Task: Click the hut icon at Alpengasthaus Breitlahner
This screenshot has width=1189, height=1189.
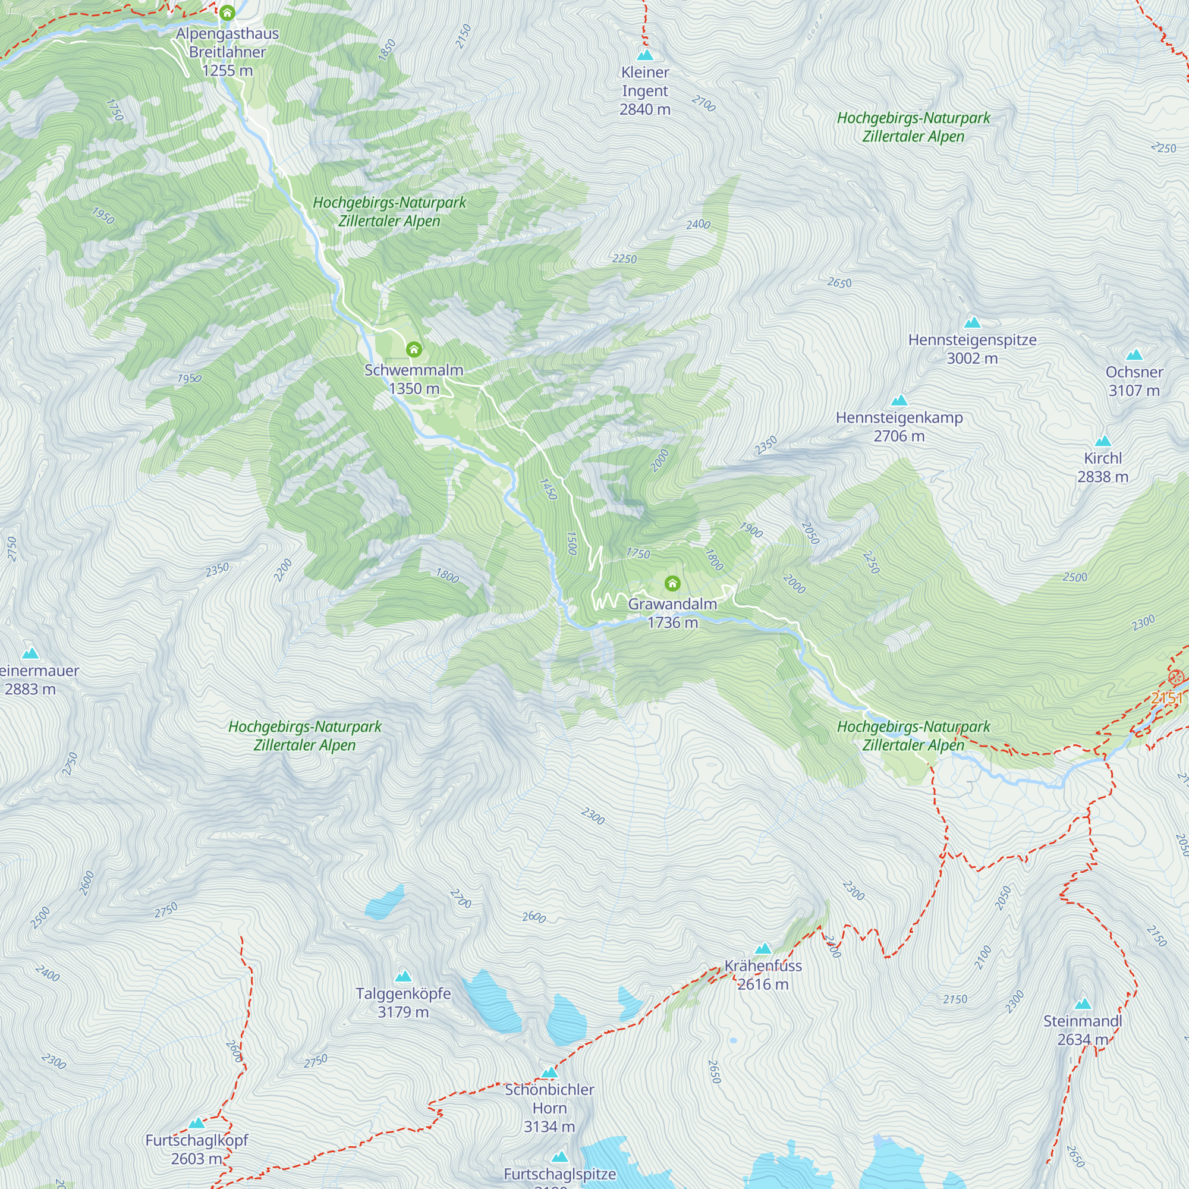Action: (227, 12)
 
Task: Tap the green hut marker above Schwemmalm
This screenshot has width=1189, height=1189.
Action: (414, 350)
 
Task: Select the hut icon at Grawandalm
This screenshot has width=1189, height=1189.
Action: (672, 583)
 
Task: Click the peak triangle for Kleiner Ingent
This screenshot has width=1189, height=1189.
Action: (645, 55)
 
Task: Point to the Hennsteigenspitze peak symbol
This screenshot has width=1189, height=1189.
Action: (972, 322)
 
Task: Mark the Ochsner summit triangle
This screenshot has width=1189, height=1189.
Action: (1134, 355)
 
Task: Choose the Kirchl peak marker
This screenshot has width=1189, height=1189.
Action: (1102, 441)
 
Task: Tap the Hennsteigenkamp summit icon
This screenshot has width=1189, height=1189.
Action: (898, 401)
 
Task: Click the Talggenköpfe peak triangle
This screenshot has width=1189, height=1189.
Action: (403, 977)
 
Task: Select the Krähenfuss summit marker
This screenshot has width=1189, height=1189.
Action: (763, 948)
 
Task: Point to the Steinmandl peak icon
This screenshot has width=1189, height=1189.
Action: (1083, 1004)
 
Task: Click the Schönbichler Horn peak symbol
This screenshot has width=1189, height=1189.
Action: (549, 1072)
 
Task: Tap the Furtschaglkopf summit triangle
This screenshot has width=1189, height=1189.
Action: (196, 1123)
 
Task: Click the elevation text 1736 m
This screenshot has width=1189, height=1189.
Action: (672, 623)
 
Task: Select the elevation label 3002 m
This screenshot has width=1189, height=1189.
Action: (972, 358)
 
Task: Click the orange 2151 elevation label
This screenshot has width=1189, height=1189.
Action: (1166, 697)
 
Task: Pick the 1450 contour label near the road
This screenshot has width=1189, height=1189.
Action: (548, 489)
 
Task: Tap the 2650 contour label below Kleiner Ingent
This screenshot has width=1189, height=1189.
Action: (839, 282)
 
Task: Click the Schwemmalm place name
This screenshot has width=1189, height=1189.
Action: (414, 370)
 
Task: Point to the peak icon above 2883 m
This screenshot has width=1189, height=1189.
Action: (30, 653)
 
